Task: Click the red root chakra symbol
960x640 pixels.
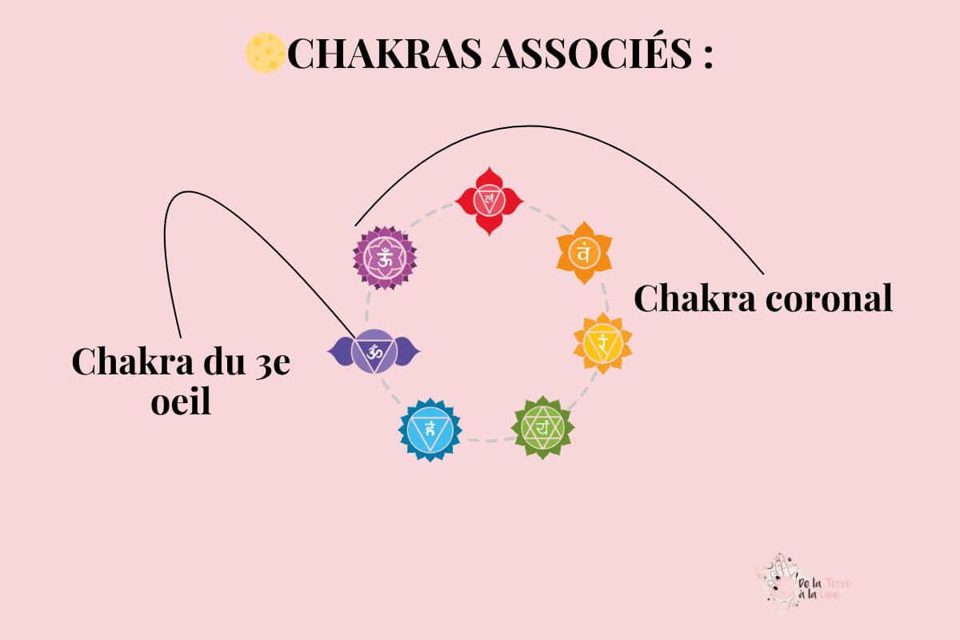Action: [489, 200]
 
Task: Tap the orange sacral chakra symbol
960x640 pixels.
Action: [583, 254]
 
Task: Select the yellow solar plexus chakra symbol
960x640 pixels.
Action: [602, 342]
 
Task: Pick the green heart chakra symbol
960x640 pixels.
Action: [543, 427]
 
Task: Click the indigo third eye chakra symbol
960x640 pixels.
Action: [374, 351]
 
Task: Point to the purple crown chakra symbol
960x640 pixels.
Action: [385, 257]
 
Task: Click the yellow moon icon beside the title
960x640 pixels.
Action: [265, 53]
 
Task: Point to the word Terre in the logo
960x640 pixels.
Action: [838, 584]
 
